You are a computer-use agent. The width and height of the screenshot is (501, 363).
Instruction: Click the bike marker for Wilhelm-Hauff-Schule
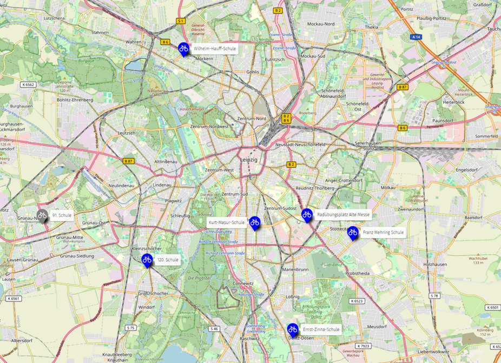pos(183,49)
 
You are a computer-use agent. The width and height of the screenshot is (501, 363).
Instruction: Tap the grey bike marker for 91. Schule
pos(42,215)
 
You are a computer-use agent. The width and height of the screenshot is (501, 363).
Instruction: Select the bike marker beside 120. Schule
pos(147,260)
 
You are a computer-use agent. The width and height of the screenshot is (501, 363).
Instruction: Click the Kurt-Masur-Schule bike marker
pos(254,222)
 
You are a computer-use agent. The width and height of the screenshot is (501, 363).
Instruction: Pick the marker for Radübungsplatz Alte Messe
pos(307,215)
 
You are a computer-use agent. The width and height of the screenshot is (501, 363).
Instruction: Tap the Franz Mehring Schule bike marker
pos(353,233)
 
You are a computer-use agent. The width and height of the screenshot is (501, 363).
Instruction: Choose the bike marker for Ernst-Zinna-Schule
pos(293,329)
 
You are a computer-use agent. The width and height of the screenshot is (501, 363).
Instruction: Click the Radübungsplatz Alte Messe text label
pos(343,215)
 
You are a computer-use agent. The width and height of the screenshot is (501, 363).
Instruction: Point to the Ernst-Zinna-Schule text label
pos(321,329)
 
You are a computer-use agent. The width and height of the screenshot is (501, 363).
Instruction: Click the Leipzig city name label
pos(249,161)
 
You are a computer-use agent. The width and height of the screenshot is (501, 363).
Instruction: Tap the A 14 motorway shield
pos(416,37)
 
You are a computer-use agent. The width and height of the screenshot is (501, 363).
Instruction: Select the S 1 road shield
pos(181,21)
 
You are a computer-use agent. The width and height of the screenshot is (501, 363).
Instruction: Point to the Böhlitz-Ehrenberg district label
pos(75,100)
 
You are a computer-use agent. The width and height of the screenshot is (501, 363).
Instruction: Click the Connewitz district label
pos(243,283)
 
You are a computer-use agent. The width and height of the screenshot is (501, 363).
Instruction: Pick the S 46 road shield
pos(214,328)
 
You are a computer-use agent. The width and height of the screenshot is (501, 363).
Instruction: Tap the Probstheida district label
pos(357,273)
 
